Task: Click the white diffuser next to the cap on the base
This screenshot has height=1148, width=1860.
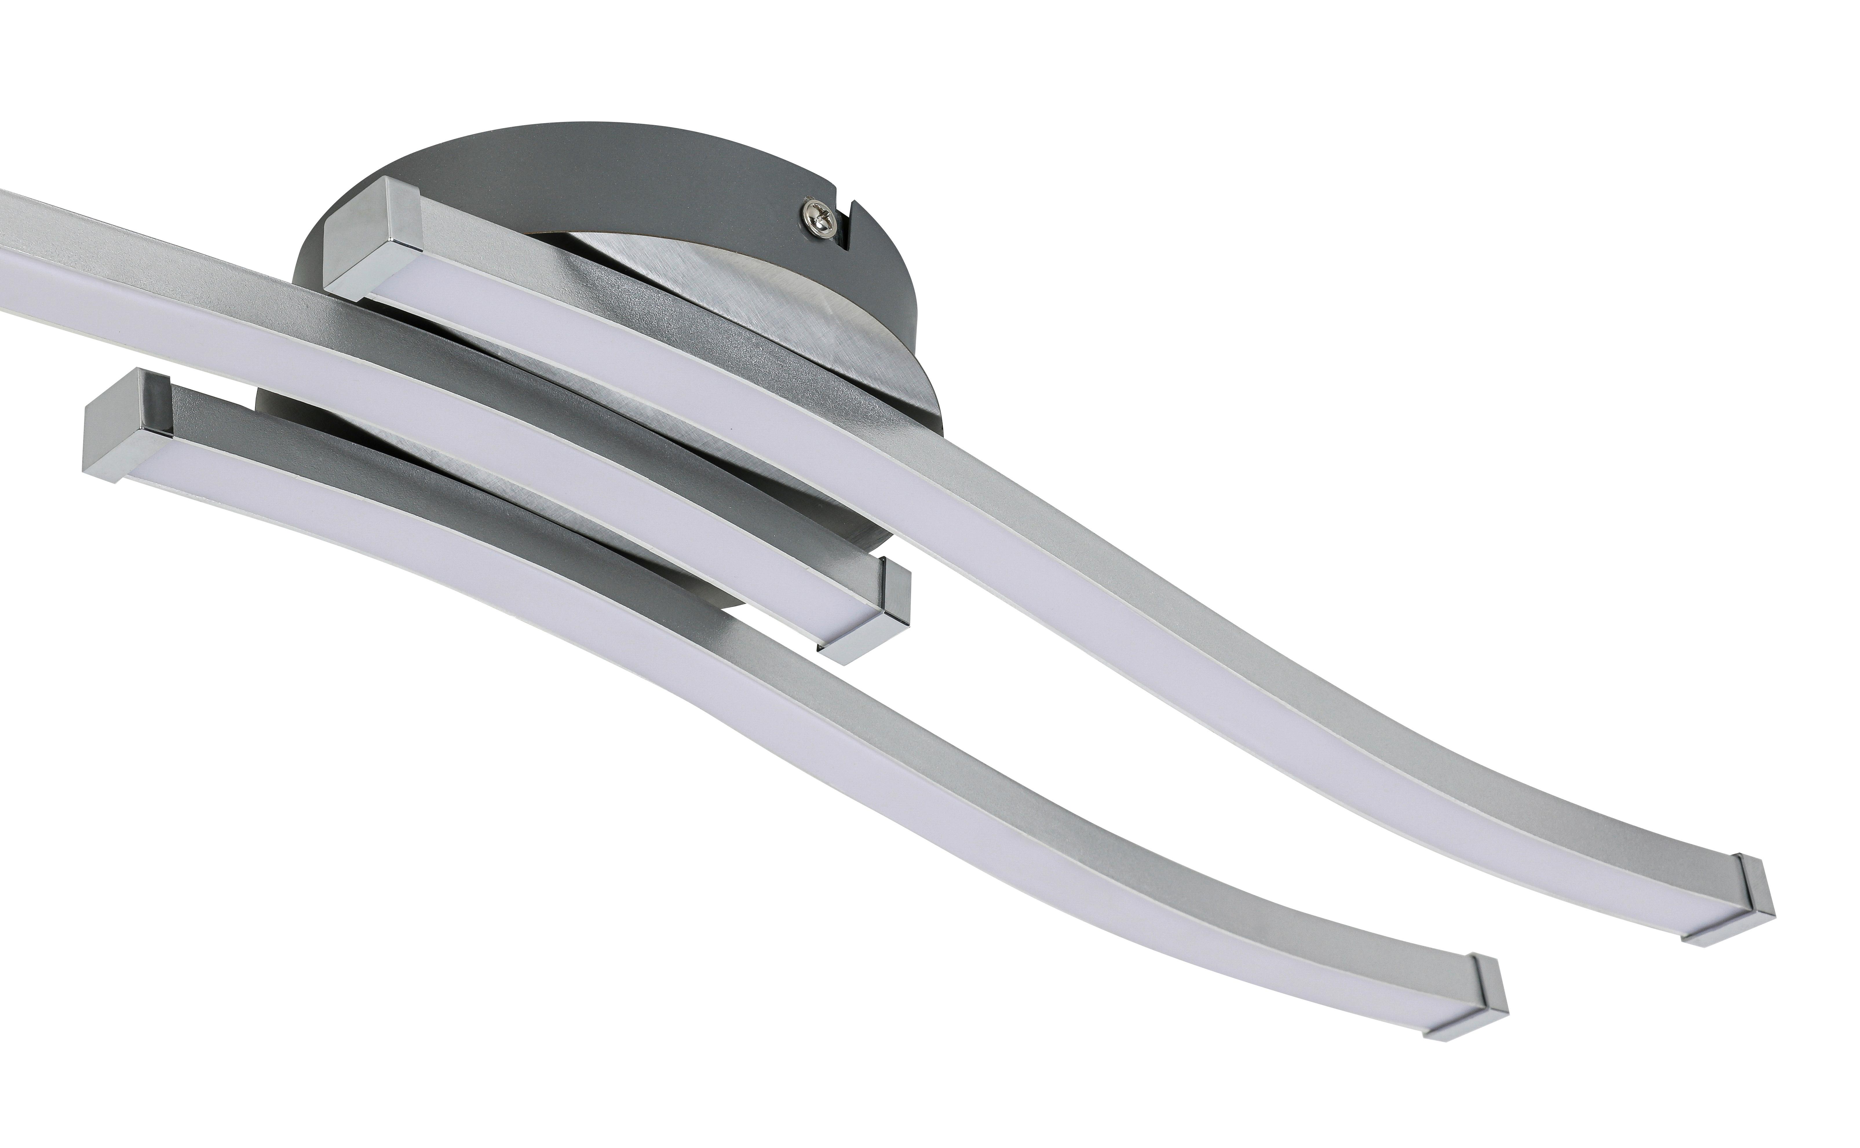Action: [425, 296]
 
